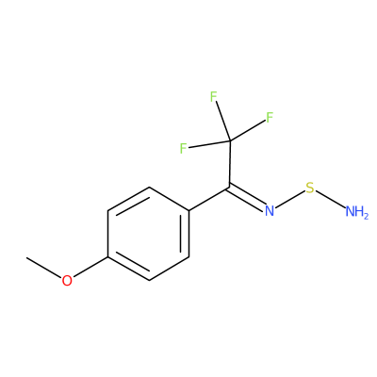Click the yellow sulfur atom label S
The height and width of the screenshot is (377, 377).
(x=310, y=188)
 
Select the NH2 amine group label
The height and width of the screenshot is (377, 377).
(x=356, y=212)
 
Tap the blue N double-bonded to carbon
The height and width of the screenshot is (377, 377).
(x=270, y=211)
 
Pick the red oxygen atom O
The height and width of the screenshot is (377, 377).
(x=67, y=281)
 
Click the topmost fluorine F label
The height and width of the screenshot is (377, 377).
(x=214, y=97)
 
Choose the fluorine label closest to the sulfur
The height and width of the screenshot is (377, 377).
(x=270, y=118)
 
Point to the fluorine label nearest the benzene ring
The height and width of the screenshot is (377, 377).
(x=184, y=148)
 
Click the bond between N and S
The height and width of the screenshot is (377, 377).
(x=290, y=200)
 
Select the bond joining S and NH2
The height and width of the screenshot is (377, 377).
(x=330, y=199)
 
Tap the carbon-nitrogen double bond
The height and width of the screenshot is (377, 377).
(x=247, y=197)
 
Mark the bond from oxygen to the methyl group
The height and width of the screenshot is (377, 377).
(x=44, y=268)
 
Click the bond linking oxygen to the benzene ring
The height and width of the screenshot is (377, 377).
(x=90, y=267)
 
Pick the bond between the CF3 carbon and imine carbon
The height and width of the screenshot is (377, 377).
(x=230, y=164)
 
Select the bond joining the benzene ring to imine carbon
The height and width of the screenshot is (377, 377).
(x=209, y=199)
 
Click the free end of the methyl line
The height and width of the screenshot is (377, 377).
(x=26, y=257)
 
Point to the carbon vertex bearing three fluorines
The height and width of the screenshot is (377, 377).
(x=230, y=140)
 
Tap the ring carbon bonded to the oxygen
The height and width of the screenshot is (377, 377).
(x=107, y=257)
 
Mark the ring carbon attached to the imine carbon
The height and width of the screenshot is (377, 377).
(x=189, y=211)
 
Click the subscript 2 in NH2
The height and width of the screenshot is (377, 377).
(x=365, y=216)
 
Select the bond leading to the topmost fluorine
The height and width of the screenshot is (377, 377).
(x=223, y=122)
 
